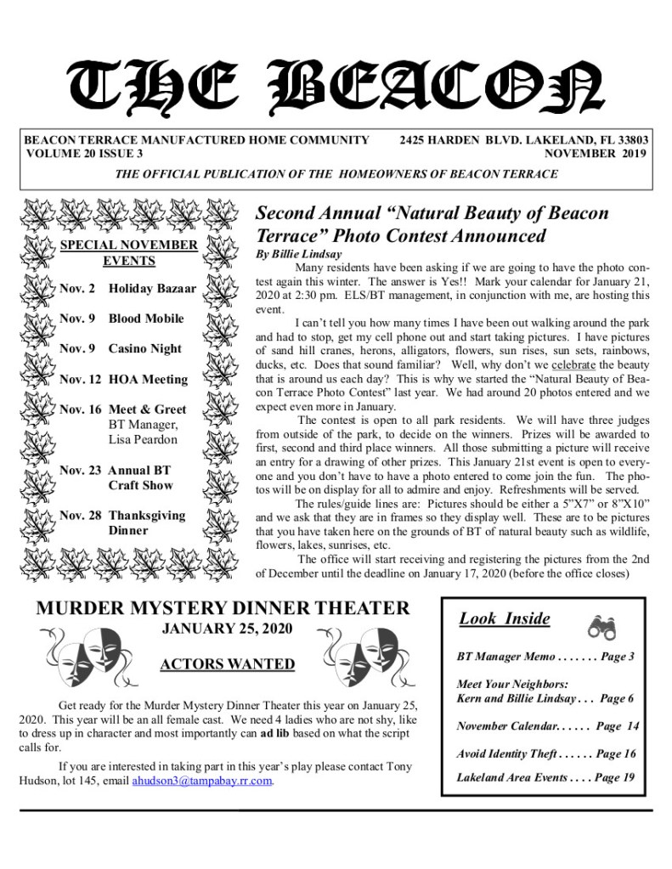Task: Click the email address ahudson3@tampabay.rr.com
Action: tap(202, 781)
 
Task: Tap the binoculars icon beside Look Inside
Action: tap(601, 626)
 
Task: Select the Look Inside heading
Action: tap(505, 619)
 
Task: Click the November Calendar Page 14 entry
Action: tap(547, 726)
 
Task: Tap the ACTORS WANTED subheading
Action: tap(228, 664)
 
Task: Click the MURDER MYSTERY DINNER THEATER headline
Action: tap(223, 608)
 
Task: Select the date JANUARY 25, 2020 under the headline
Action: tap(227, 629)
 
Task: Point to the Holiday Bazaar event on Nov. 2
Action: tap(127, 289)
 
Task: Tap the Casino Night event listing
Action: tap(121, 348)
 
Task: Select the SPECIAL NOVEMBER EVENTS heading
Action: tap(129, 253)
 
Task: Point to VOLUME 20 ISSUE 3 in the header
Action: tap(84, 154)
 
